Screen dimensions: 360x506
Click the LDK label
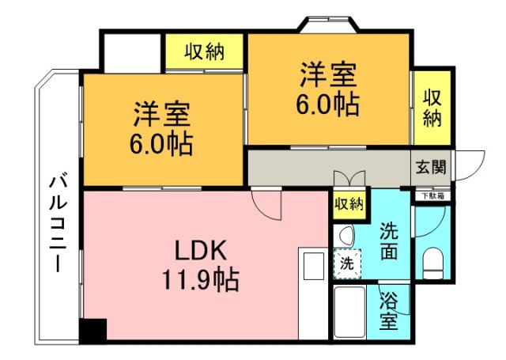click(201, 252)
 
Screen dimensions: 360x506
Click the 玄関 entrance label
click(431, 167)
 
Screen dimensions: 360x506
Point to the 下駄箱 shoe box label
click(432, 195)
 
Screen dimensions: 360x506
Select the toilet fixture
click(432, 262)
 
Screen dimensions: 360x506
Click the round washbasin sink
click(345, 236)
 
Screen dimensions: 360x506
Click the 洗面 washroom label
click(390, 242)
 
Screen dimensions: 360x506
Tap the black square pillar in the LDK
click(93, 330)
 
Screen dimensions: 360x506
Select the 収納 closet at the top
click(205, 52)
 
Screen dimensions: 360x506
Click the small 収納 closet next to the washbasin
click(349, 204)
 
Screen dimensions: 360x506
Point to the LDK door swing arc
click(269, 207)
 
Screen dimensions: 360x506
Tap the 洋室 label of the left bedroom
click(161, 116)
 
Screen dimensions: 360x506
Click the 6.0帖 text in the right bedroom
click(327, 104)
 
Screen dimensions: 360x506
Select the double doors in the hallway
click(349, 179)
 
